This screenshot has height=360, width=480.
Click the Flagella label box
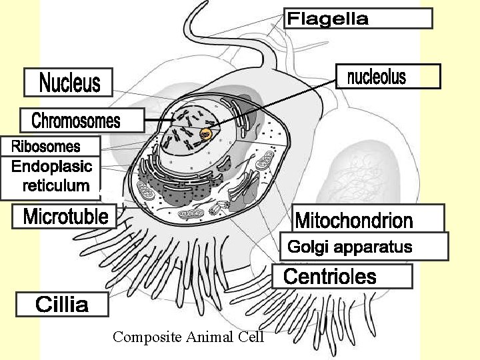359,18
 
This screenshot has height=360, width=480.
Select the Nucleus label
69,83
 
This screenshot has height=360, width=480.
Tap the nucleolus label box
387,77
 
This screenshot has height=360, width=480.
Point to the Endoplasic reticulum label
51,176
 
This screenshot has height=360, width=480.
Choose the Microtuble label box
65,217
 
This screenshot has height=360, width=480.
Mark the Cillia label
62,305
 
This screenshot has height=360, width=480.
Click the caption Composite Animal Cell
189,337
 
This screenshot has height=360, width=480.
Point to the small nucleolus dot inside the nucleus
206,135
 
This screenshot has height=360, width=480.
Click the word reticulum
56,186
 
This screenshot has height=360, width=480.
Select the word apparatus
379,247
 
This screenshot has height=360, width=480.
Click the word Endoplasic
51,166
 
